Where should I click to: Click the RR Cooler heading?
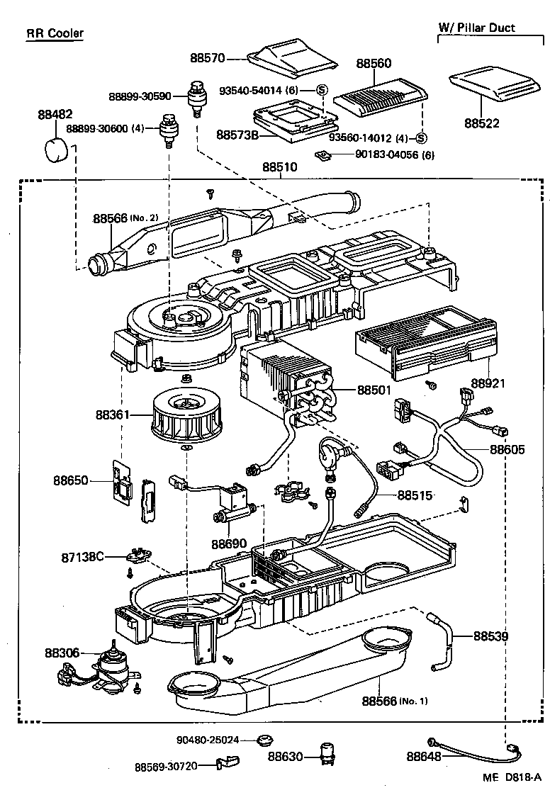click(55, 33)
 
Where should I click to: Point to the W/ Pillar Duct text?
click(476, 28)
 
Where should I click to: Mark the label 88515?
click(415, 495)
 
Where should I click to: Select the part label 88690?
click(228, 544)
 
